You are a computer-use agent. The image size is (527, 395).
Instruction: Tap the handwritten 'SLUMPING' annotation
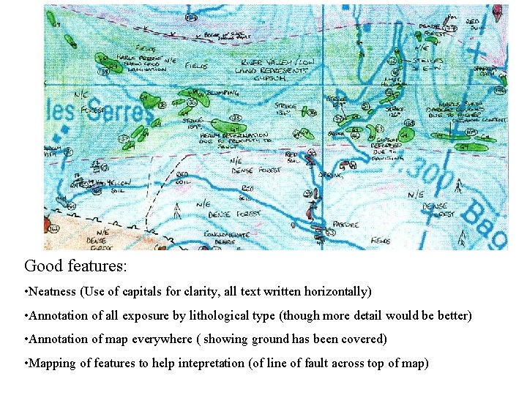220,94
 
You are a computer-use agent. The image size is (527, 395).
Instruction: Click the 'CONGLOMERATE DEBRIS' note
226,238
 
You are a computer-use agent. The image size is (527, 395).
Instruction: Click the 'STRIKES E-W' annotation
425,64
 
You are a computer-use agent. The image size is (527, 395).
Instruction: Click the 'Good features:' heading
75,266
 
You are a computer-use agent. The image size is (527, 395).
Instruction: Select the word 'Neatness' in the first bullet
52,291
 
